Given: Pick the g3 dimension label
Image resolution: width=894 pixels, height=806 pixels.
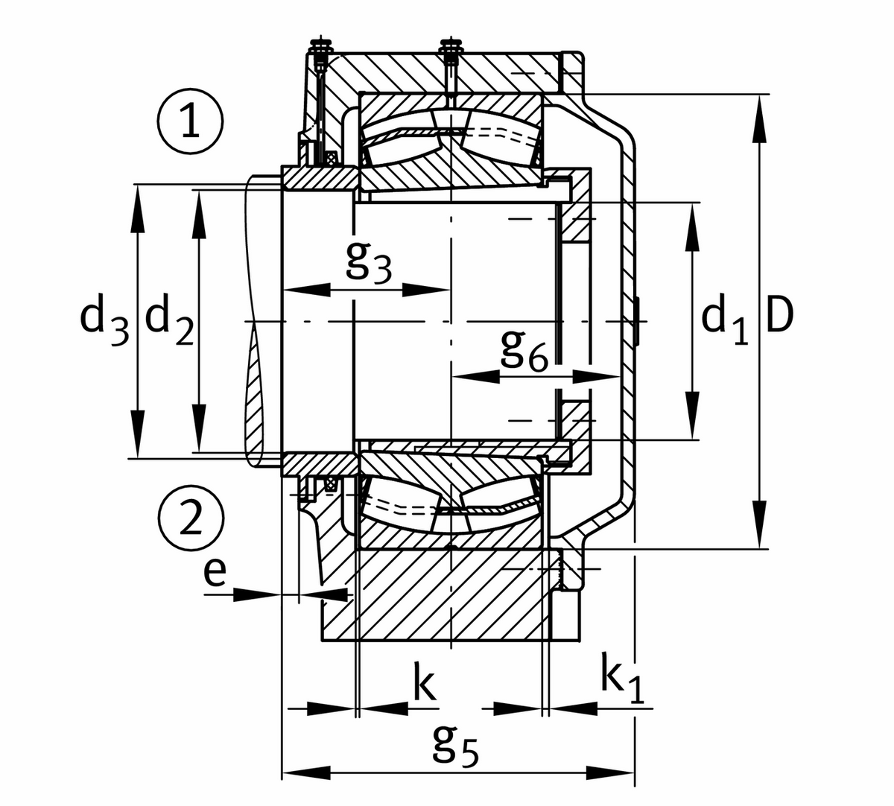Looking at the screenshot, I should coord(369,262).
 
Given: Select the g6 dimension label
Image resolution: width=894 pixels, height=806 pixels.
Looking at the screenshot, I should coord(524,349).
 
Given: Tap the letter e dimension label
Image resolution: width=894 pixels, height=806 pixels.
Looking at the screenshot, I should coord(215,573).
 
